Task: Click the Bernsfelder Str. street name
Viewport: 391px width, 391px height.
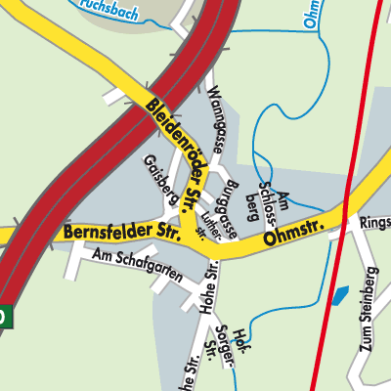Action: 112,232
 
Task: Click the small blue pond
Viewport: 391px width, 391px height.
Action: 340,294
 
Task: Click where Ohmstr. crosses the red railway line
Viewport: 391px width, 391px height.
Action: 345,207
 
